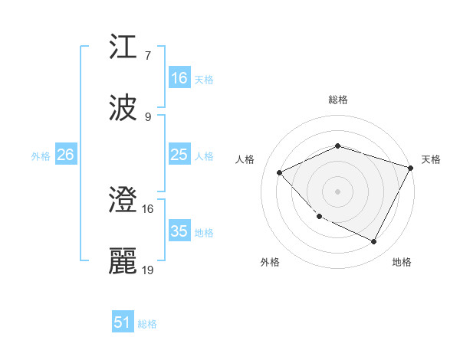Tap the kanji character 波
click(123, 108)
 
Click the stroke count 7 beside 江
click(148, 56)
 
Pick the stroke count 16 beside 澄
click(148, 208)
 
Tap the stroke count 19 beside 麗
click(148, 270)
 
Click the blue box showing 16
click(179, 77)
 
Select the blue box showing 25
click(179, 155)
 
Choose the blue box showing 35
click(179, 231)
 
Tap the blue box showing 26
click(65, 155)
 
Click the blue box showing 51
click(123, 322)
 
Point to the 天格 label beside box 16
click(204, 79)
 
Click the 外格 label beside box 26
click(41, 155)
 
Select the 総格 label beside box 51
click(147, 324)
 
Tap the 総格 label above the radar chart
click(337, 100)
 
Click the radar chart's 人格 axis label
click(245, 159)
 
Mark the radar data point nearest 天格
click(412, 169)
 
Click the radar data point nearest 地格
click(374, 242)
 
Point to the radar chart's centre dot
click(337, 191)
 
